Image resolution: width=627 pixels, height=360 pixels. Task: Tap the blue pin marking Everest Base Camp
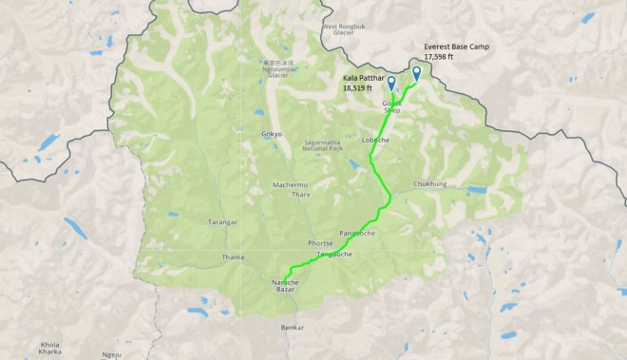coord(416,73)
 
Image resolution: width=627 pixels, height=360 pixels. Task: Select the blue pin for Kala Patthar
coord(391,82)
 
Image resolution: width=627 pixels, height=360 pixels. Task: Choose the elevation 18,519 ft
coord(359,87)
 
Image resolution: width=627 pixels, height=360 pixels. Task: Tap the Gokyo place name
coord(272,134)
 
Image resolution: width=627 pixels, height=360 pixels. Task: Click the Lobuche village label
coord(376,141)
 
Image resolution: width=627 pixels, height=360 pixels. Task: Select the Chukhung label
coord(430,183)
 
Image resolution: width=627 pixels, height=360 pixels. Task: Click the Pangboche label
coord(356,233)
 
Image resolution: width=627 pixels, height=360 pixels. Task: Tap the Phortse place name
coord(320,243)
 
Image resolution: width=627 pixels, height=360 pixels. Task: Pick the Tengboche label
coord(334,255)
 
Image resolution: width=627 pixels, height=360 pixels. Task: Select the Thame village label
coord(233,256)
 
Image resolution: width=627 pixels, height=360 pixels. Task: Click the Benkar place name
coord(293,328)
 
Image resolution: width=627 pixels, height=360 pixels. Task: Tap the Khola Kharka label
coord(49,347)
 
